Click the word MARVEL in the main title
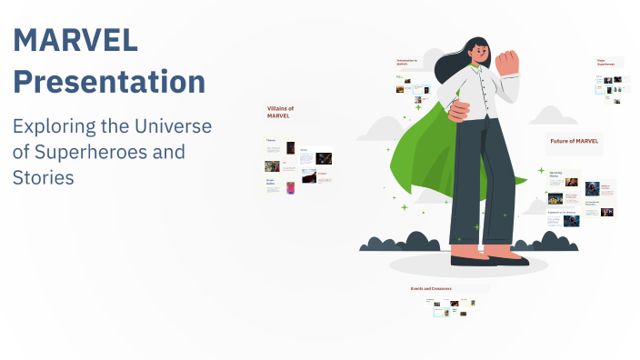75,40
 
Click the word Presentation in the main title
109,82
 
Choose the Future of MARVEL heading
574,141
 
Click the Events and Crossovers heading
431,288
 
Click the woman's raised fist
506,61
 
